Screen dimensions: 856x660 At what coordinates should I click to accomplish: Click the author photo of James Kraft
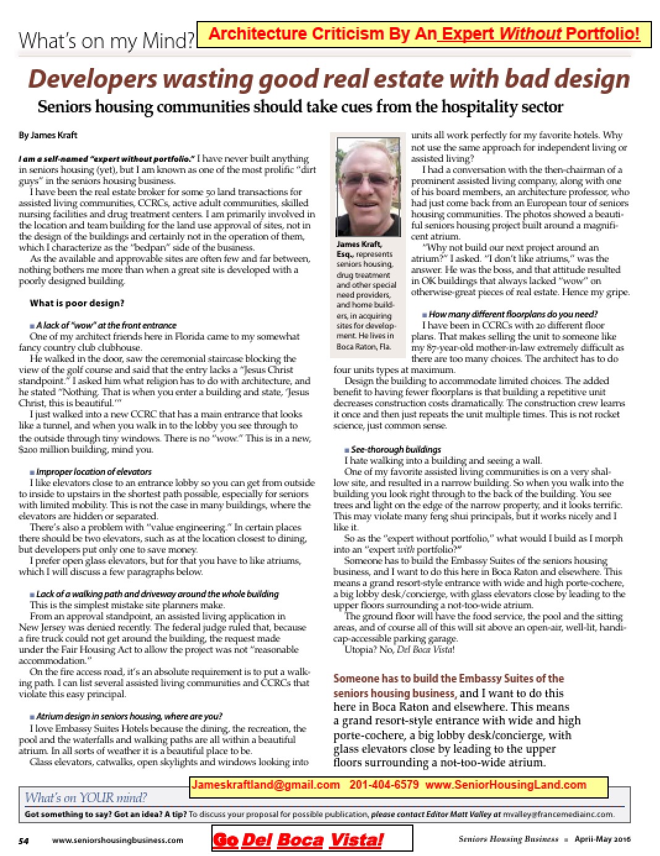[368, 185]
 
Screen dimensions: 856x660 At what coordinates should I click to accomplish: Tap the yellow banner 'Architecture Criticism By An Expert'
[423, 33]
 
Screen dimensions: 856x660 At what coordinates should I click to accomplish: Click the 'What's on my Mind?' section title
[106, 41]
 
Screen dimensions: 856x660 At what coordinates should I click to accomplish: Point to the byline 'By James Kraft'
[48, 135]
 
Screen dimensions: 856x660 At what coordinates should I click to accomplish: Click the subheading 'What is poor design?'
[77, 303]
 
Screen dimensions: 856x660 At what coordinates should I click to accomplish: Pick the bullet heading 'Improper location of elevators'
[93, 471]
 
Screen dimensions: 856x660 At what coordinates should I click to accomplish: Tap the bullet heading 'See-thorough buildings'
[396, 449]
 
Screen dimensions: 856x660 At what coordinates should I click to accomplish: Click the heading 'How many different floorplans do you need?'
[513, 314]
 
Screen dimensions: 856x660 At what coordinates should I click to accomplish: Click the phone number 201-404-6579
[384, 785]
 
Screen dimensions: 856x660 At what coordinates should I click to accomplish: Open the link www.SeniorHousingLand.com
[506, 785]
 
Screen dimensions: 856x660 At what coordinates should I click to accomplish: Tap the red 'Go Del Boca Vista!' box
[312, 839]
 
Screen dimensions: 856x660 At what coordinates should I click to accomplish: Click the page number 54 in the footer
[24, 840]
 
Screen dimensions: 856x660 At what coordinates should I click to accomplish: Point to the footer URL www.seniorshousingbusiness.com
[117, 840]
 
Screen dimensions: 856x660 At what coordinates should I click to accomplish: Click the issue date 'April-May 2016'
[602, 839]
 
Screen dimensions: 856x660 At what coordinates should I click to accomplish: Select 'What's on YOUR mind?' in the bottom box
[86, 797]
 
